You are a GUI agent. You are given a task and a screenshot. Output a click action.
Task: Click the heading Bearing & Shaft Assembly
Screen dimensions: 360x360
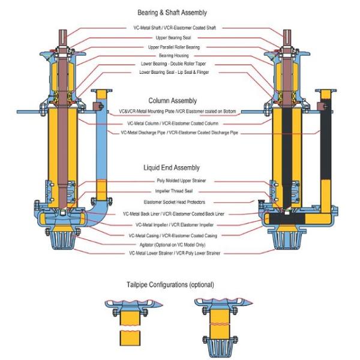click(x=179, y=13)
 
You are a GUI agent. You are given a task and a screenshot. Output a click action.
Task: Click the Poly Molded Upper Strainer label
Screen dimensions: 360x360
click(x=180, y=180)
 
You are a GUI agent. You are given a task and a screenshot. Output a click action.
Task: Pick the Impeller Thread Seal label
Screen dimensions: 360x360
click(x=180, y=191)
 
